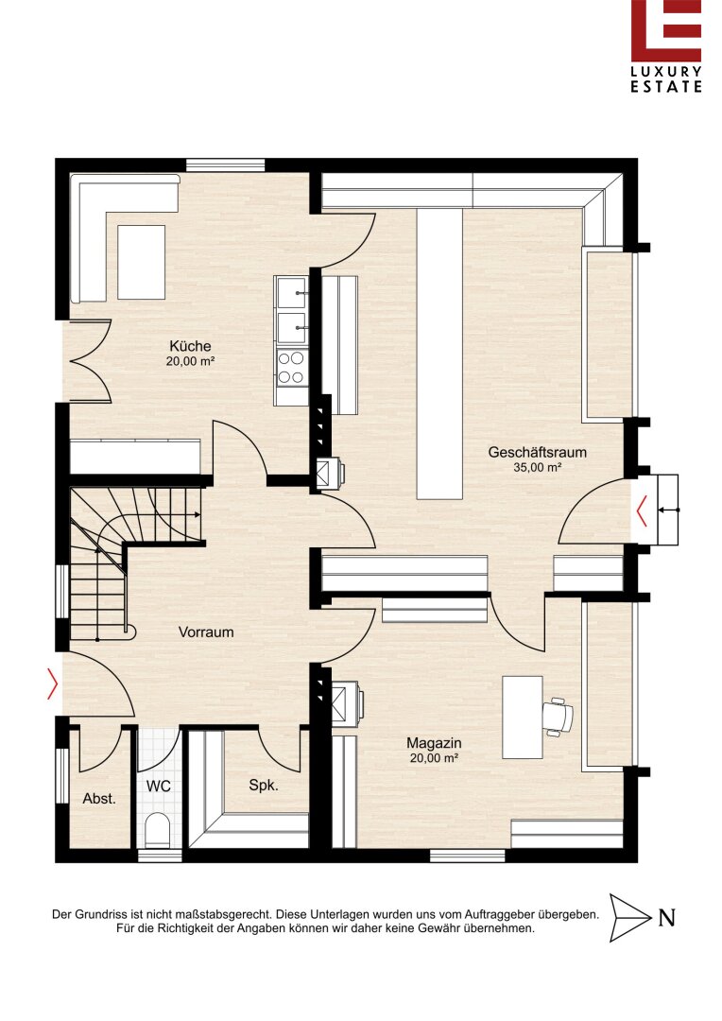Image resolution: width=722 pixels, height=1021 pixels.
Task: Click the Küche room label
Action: [x=190, y=346]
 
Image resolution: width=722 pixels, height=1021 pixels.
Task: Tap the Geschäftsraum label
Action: [x=537, y=452]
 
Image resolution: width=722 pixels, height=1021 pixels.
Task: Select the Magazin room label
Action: [x=434, y=743]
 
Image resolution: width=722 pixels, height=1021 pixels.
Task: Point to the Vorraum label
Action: [x=206, y=632]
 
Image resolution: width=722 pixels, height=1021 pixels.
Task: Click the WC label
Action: [x=158, y=786]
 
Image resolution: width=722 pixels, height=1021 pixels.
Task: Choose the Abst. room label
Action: [x=99, y=798]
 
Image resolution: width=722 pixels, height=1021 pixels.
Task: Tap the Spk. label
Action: [x=263, y=786]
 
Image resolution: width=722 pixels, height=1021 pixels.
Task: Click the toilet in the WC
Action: [x=157, y=830]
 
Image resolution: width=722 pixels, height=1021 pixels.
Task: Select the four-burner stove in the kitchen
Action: [x=291, y=367]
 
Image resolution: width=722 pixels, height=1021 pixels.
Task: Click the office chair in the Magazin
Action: [x=558, y=717]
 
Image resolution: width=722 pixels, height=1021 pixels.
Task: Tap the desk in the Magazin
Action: [x=523, y=717]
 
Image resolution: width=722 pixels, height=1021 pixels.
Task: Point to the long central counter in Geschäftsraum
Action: [x=439, y=354]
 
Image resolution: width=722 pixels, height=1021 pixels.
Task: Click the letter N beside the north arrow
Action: [x=666, y=917]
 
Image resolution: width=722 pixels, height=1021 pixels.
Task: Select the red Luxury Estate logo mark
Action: [x=666, y=30]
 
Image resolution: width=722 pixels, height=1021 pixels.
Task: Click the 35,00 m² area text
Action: [x=537, y=467]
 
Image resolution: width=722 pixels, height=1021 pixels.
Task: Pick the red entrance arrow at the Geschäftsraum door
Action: [x=642, y=510]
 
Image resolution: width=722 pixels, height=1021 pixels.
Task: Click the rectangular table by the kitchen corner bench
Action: [x=141, y=263]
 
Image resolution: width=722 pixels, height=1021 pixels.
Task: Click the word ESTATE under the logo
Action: [x=666, y=87]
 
